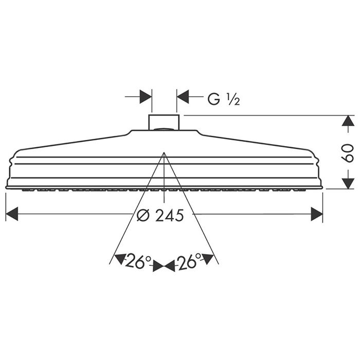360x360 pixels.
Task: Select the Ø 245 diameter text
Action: coord(160,215)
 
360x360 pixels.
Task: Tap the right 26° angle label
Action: coord(189,263)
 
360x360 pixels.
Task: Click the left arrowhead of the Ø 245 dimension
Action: coord(12,214)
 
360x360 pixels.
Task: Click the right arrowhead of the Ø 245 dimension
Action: coord(316,214)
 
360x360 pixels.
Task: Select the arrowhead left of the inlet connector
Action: coord(146,96)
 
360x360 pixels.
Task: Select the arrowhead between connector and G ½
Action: coord(183,96)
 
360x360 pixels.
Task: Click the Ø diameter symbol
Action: coord(145,215)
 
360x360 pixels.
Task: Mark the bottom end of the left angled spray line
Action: coord(110,264)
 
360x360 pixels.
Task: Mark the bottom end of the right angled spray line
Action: coord(219,264)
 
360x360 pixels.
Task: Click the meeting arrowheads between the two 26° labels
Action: coord(164,266)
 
